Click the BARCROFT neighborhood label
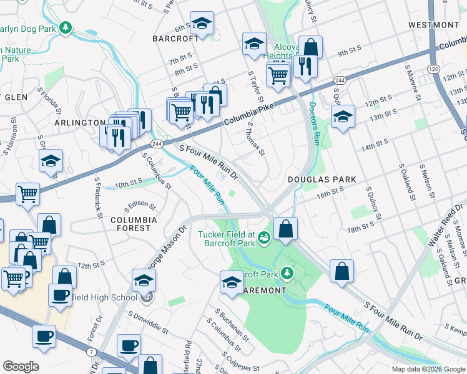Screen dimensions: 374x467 point(170,38)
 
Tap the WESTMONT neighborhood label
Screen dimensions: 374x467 point(433,24)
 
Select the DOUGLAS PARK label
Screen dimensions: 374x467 point(322,180)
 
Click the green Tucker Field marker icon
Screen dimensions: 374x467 point(264,236)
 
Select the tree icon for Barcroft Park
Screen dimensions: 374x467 point(287,273)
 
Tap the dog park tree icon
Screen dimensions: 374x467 point(64,28)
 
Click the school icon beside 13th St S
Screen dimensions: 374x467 point(342,117)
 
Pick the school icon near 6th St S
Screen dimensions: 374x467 point(201,24)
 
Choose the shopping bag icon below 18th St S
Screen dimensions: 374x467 point(342,271)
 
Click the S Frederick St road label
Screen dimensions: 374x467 point(98,194)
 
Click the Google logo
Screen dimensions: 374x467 point(21,367)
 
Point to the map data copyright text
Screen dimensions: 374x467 point(428,369)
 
